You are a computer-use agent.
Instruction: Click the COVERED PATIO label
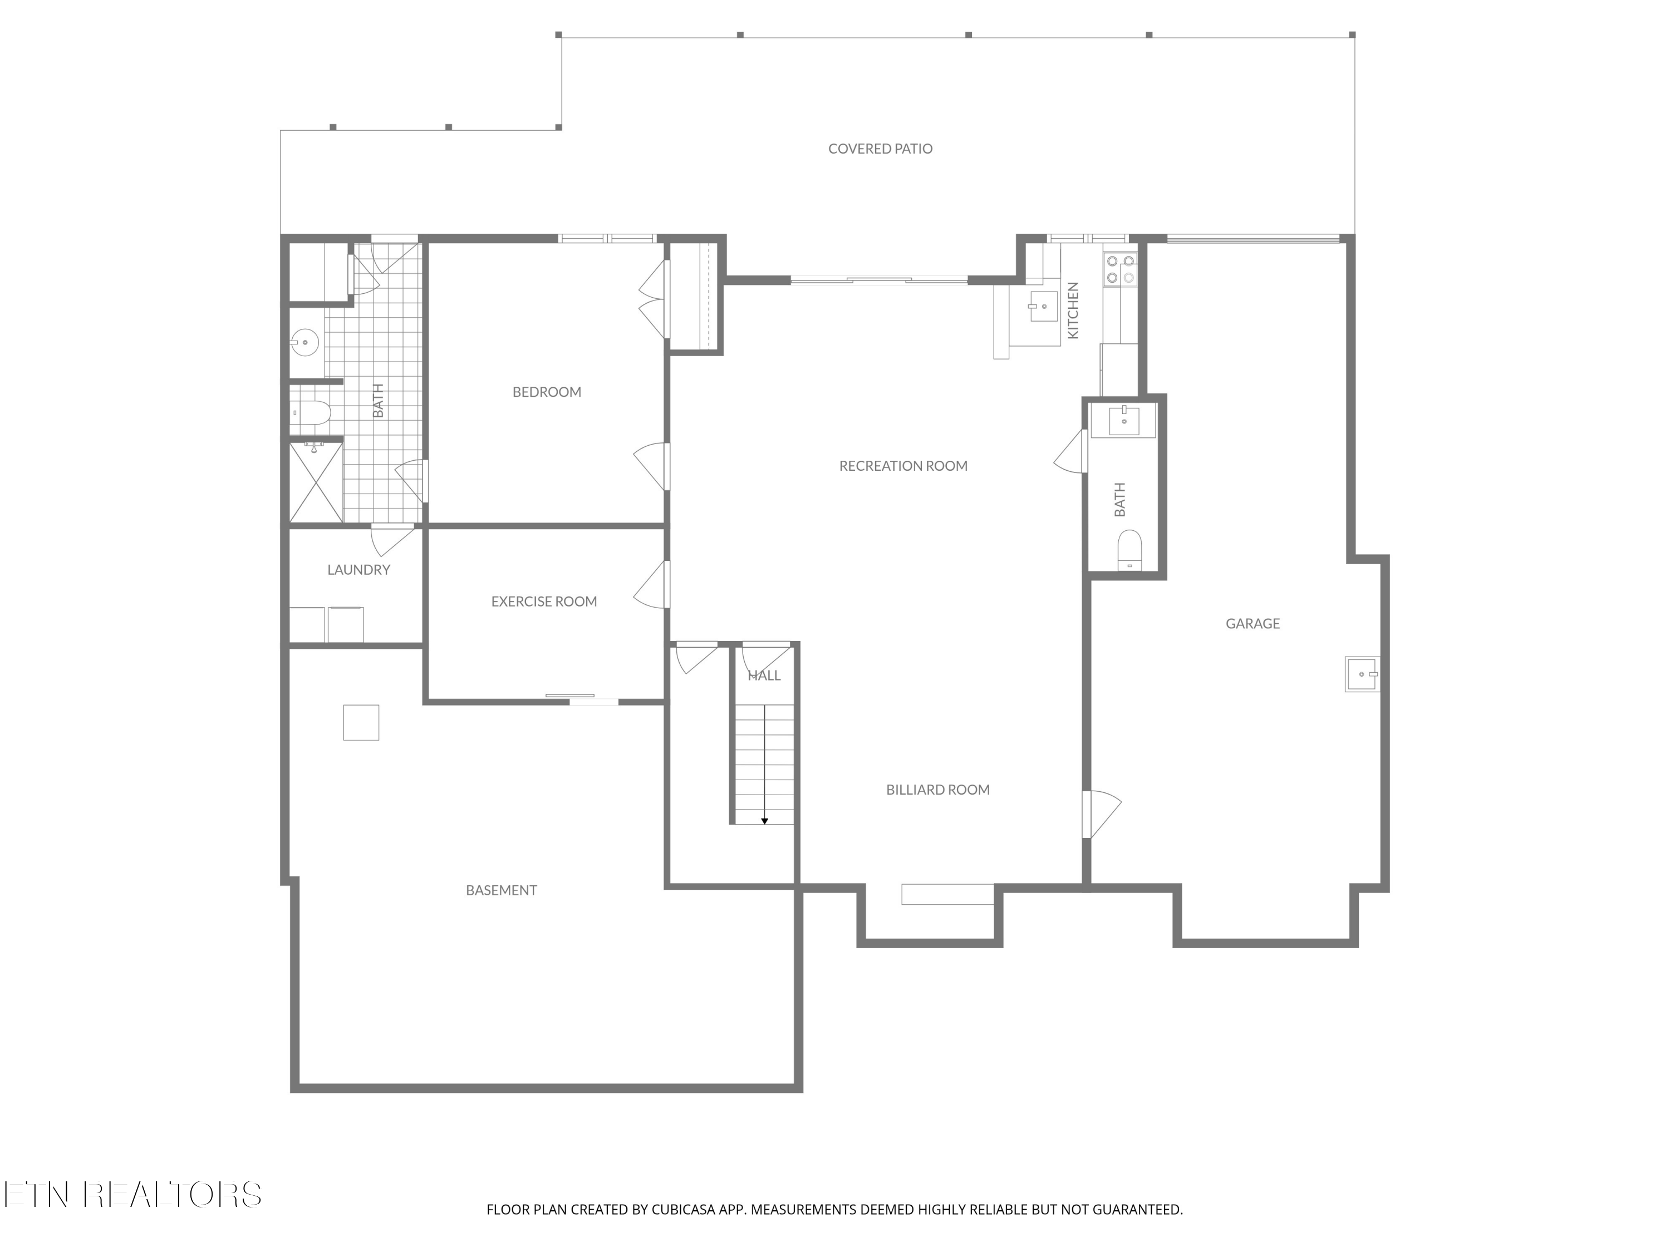[x=880, y=149]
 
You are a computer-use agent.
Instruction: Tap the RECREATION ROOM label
[x=903, y=466]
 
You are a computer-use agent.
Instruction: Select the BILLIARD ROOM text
[x=937, y=790]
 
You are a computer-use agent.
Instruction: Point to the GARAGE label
[x=1252, y=623]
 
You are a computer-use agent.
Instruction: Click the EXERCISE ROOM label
[x=543, y=602]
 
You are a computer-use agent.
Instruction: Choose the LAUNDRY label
[x=358, y=570]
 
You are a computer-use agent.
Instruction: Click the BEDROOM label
[x=547, y=392]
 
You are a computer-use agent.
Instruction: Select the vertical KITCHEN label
[x=1072, y=310]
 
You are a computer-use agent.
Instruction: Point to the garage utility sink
[x=1362, y=674]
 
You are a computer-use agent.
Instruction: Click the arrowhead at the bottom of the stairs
[x=764, y=821]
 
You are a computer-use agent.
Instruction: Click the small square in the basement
[x=361, y=722]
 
